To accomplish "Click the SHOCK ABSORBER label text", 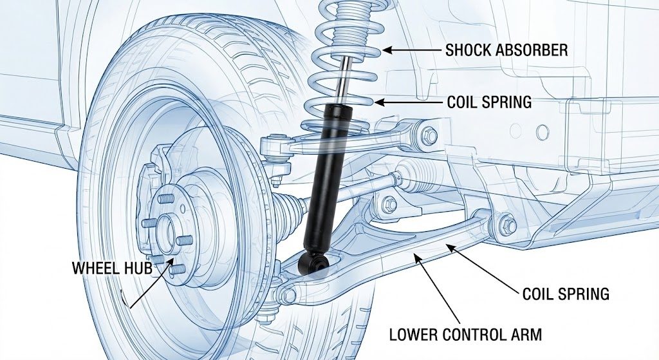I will pos(506,50).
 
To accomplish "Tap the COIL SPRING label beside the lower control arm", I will pos(565,294).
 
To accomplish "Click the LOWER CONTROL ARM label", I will pos(466,334).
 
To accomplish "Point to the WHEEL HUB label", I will pos(112,267).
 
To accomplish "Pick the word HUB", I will pos(138,267).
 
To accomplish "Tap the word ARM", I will pos(527,334).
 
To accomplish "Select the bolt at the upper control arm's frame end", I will pos(429,135).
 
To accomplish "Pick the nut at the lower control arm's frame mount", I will pos(508,225).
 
